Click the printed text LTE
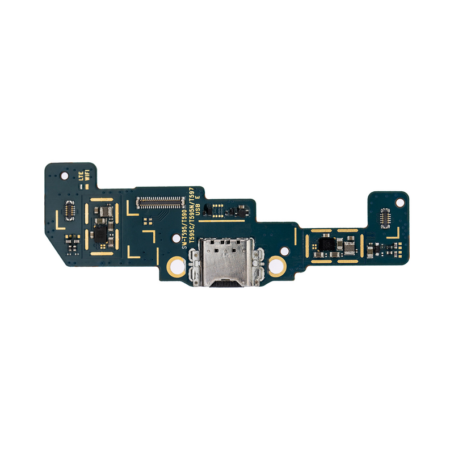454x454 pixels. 81,175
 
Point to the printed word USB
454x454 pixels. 199,211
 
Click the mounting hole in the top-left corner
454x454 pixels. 64,176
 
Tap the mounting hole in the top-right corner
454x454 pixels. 400,202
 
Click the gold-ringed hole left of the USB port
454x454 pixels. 176,266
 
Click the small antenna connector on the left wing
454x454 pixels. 69,209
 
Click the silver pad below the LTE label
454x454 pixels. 81,186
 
